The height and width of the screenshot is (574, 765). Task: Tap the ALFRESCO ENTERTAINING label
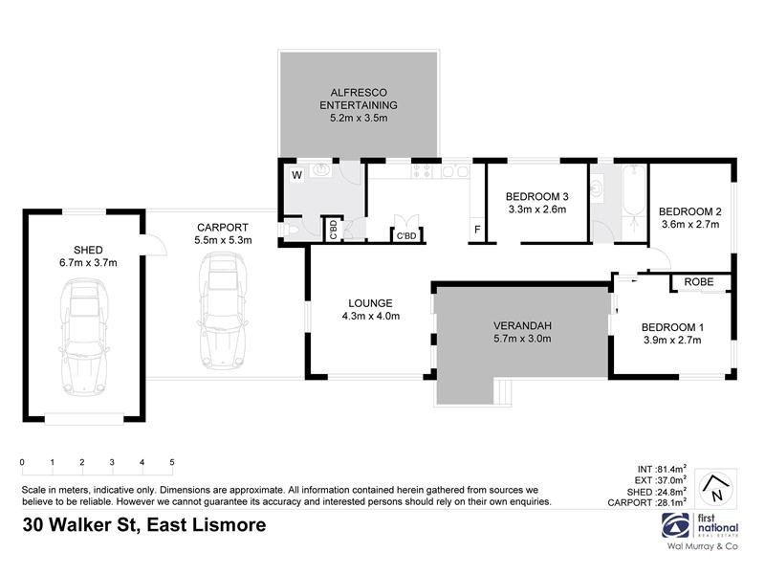click(x=358, y=99)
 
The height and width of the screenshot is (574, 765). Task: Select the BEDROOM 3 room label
click(x=536, y=197)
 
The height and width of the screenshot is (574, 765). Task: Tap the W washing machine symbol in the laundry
click(x=296, y=175)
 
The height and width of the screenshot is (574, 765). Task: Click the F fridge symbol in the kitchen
click(x=475, y=230)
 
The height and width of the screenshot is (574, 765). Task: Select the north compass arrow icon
click(x=715, y=488)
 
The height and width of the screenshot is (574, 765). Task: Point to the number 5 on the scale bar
click(x=172, y=462)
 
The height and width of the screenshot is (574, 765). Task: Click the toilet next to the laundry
click(x=293, y=230)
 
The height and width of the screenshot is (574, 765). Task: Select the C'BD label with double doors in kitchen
click(x=404, y=235)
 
